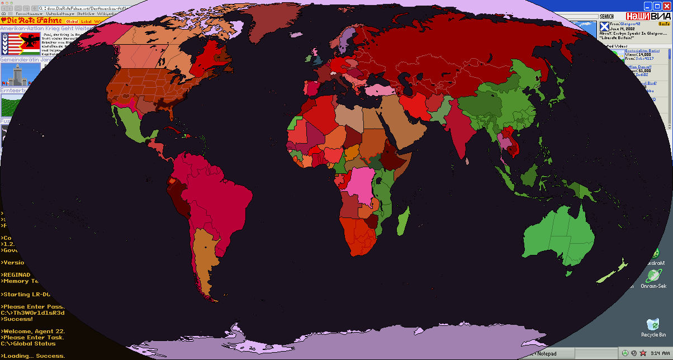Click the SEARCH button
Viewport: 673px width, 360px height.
pyautogui.click(x=606, y=17)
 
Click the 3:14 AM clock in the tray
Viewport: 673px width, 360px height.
pyautogui.click(x=659, y=353)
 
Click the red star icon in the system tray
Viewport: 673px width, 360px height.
pyautogui.click(x=643, y=353)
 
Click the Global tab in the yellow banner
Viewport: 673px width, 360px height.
pyautogui.click(x=72, y=21)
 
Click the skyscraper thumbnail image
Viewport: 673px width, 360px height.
pyautogui.click(x=12, y=74)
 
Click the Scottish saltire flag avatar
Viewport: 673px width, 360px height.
pyautogui.click(x=604, y=26)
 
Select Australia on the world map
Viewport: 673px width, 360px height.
pyautogui.click(x=560, y=235)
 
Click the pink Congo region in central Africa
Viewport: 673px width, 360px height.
pyautogui.click(x=361, y=184)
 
